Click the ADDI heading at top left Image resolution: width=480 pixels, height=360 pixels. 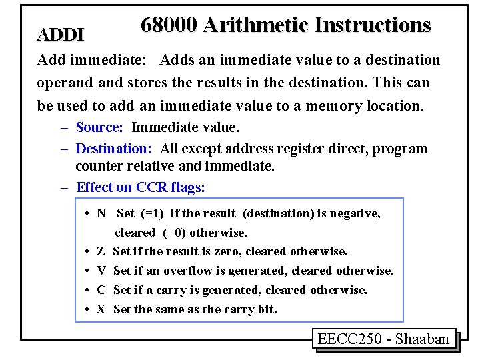[x=61, y=34]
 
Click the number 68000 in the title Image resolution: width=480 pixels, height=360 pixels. [x=169, y=25]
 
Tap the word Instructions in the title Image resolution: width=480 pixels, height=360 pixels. [x=373, y=25]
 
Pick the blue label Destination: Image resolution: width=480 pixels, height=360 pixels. [x=114, y=148]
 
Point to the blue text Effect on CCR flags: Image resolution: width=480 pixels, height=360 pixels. [x=141, y=187]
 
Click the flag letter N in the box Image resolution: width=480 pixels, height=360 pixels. [x=101, y=213]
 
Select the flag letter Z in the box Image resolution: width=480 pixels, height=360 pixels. [x=101, y=251]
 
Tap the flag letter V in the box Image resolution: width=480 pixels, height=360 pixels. [x=101, y=271]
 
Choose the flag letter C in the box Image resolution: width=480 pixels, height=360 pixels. [x=101, y=290]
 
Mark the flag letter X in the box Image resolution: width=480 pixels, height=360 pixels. [x=101, y=309]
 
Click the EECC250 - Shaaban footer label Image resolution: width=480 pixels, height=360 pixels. [x=383, y=339]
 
